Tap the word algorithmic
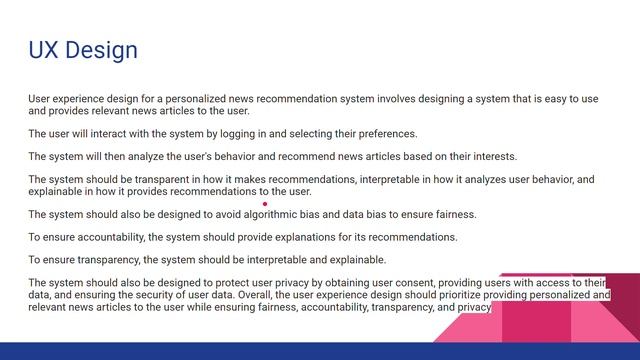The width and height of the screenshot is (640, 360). coord(277,214)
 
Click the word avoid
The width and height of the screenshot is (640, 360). coord(225,214)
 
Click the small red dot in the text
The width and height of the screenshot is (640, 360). coord(265,203)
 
